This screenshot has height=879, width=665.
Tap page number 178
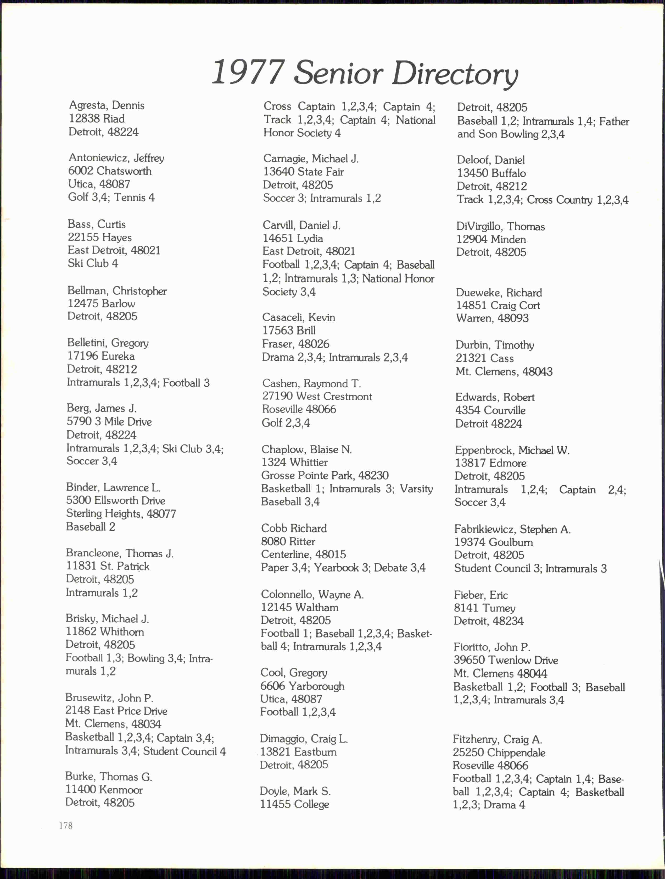pos(66,825)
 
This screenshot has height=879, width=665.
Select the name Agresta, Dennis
pos(107,105)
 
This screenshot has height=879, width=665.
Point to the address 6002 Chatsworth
pos(110,171)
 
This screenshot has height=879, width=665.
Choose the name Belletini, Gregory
pos(108,343)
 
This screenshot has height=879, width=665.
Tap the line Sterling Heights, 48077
pos(121,513)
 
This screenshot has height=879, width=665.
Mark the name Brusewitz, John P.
pos(109,698)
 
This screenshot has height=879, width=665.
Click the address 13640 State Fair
pos(303,172)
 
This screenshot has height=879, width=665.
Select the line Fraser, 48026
pos(295,344)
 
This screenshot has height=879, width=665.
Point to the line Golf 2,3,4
pos(286,422)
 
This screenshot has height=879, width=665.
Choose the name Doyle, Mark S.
pos(295,791)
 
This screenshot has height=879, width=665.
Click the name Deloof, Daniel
pos(490,160)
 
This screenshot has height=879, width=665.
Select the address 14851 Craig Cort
pos(498,305)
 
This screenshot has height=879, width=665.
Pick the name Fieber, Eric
pos(480,595)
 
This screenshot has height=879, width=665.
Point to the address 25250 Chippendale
pos(499,752)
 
